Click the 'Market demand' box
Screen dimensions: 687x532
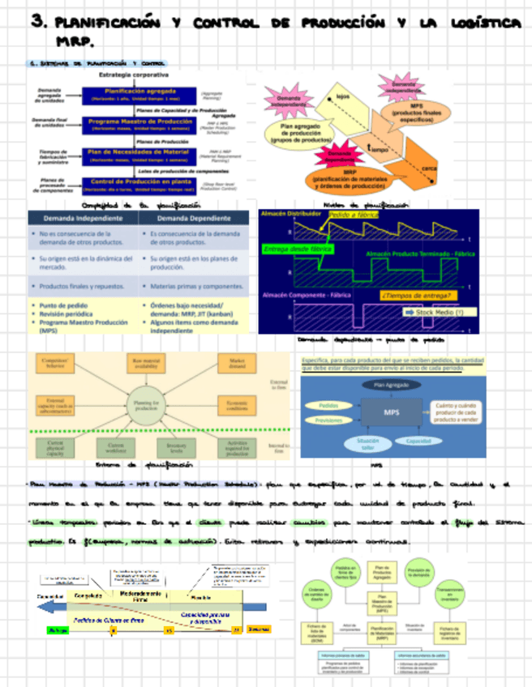[238, 363]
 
